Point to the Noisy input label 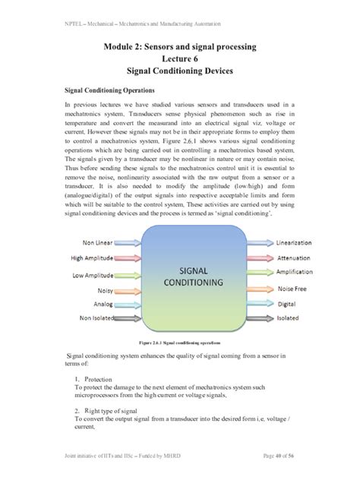click(x=105, y=290)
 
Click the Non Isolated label click(x=95, y=319)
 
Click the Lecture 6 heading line click(x=179, y=60)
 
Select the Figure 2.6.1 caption click(x=179, y=343)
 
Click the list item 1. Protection click(x=94, y=378)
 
